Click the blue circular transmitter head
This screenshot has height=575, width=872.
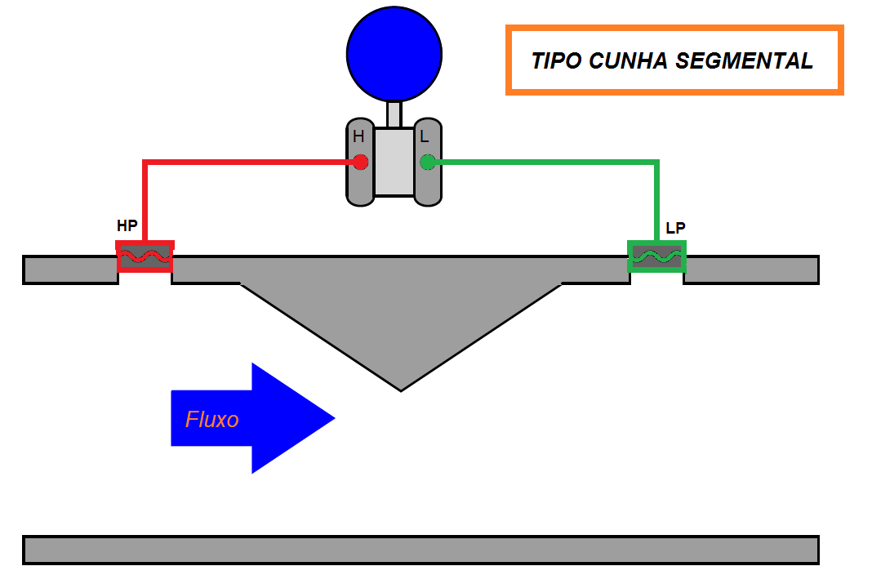tap(394, 53)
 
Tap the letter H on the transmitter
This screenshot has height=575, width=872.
tap(358, 137)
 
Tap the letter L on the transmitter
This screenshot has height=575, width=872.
tap(425, 137)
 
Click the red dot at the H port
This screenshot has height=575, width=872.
tap(360, 162)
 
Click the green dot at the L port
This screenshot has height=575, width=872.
tap(427, 162)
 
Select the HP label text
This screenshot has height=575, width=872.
tap(127, 226)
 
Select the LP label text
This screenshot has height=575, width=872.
tap(675, 229)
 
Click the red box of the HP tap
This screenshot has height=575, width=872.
tap(145, 256)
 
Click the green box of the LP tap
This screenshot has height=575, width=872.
tap(656, 256)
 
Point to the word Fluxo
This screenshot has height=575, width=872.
tap(212, 420)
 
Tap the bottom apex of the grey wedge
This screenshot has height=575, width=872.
tap(401, 389)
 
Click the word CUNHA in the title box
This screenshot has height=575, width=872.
tap(628, 61)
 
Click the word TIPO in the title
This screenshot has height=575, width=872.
tap(557, 61)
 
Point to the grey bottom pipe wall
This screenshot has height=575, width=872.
tap(420, 550)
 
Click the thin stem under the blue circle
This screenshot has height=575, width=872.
tap(394, 114)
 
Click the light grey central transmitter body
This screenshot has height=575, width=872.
tap(394, 161)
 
